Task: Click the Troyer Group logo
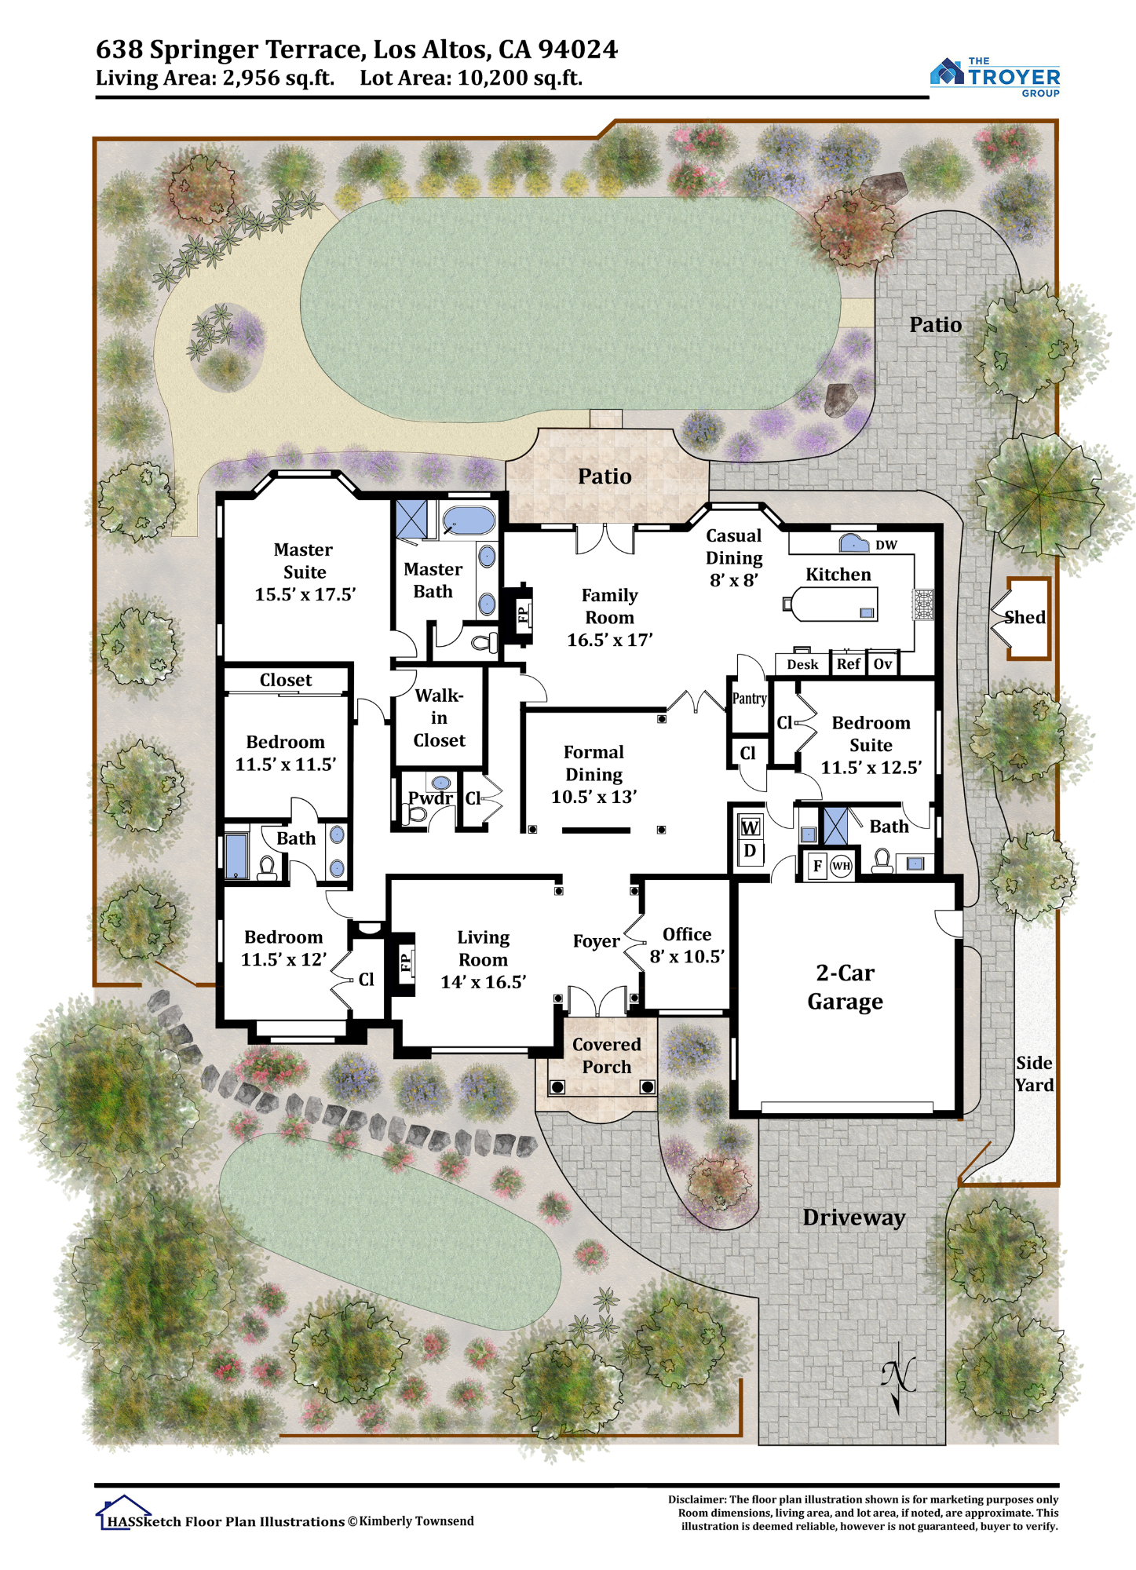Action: (x=995, y=76)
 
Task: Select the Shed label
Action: (x=1025, y=617)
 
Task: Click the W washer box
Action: (x=750, y=827)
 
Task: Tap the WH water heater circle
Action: (x=841, y=866)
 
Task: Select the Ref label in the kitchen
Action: (x=848, y=664)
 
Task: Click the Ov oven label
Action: (x=883, y=664)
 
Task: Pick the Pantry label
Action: (x=749, y=699)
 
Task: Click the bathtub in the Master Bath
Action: (x=469, y=520)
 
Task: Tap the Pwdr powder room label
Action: (x=429, y=798)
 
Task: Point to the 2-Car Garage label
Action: (x=845, y=988)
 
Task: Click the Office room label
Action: (x=687, y=934)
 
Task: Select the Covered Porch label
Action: (x=607, y=1056)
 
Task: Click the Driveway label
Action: (x=854, y=1218)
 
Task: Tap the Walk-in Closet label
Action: (x=439, y=717)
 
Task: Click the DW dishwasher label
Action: (x=886, y=546)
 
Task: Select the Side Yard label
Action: (x=1034, y=1074)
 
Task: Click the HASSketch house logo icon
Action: (x=123, y=1511)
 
